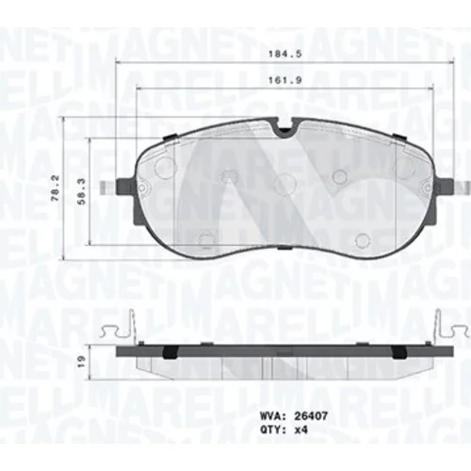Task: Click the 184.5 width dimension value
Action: click(284, 54)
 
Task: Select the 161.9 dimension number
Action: click(284, 80)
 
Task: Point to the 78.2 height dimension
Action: click(57, 188)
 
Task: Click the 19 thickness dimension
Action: click(82, 362)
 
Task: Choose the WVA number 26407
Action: click(311, 416)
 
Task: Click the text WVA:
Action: click(272, 416)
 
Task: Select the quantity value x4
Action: click(300, 430)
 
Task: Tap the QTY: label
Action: click(272, 430)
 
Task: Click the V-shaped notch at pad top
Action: click(285, 129)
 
